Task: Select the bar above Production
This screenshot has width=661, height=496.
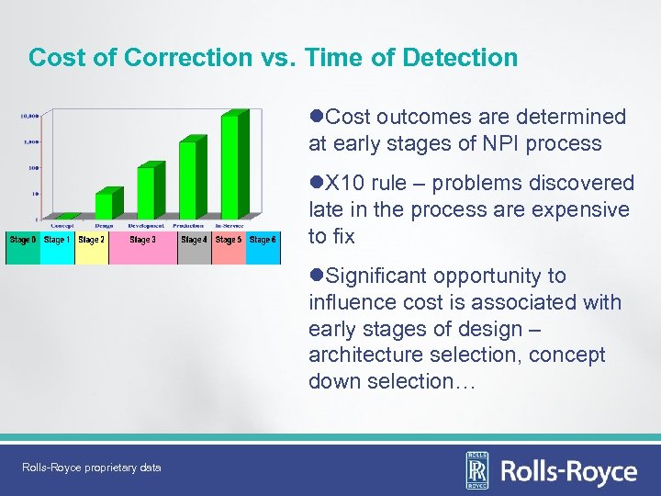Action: point(189,179)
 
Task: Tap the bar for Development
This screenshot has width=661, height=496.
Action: point(145,193)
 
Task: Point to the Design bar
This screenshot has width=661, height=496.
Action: point(105,206)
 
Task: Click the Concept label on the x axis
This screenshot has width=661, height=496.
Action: point(62,225)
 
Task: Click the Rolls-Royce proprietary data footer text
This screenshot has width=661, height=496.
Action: point(92,468)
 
